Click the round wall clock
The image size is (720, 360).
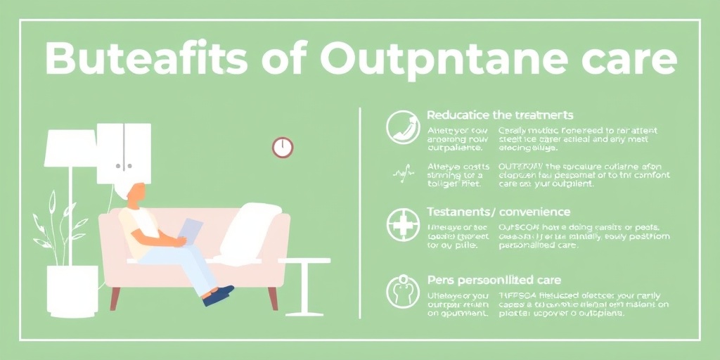coord(283,148)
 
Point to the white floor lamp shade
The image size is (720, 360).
coord(69,148)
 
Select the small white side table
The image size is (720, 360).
coord(304,281)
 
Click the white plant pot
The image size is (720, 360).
coord(72,290)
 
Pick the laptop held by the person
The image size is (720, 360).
coord(190,231)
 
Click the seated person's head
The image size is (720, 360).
coord(135,191)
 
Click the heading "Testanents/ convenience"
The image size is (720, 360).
coord(499,212)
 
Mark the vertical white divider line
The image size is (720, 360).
coord(360,211)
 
